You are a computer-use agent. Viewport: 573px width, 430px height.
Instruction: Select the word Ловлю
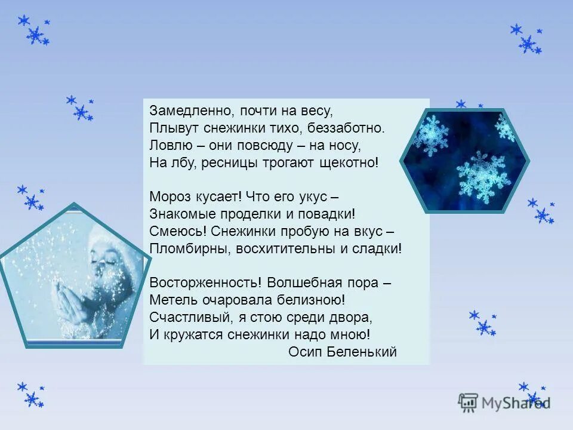[166, 145]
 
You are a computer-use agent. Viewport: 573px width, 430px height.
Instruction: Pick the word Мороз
[170, 196]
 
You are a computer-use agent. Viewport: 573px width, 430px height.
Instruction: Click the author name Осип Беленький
[342, 352]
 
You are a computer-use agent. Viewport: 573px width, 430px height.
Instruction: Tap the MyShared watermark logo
[504, 403]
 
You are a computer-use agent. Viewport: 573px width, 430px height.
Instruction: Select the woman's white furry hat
[116, 245]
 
